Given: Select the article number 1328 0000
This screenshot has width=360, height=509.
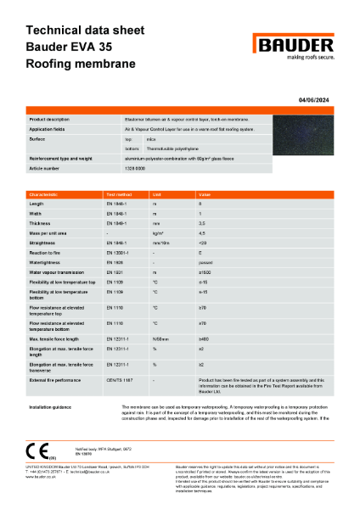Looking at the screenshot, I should click(x=138, y=169).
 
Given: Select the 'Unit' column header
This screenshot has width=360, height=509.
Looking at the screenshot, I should click(x=156, y=194).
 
